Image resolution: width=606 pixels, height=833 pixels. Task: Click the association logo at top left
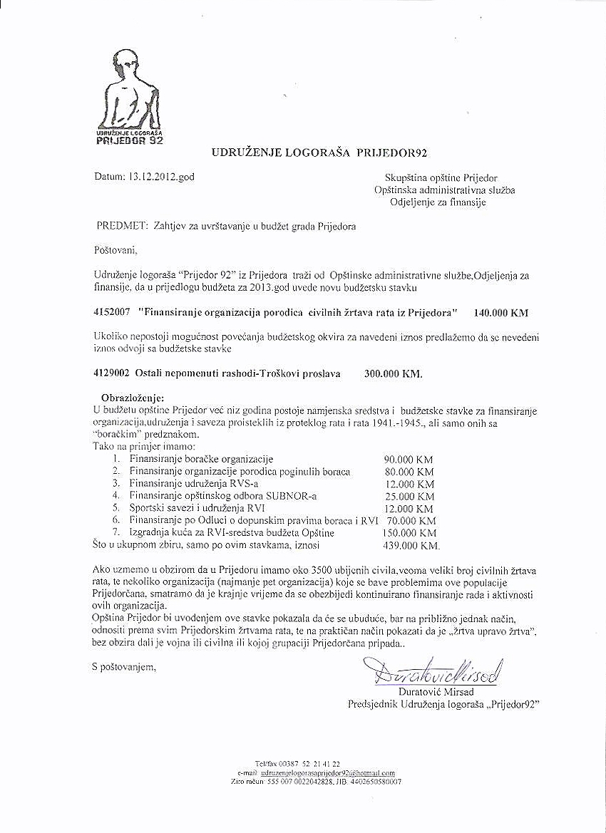pos(130,99)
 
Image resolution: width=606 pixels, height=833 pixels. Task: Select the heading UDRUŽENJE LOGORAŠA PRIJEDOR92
pos(319,152)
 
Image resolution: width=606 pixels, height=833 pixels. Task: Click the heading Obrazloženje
pos(133,397)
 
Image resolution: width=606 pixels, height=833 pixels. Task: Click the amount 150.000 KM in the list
pos(409,533)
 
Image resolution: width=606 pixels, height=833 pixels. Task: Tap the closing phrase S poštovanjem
pos(123,668)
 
